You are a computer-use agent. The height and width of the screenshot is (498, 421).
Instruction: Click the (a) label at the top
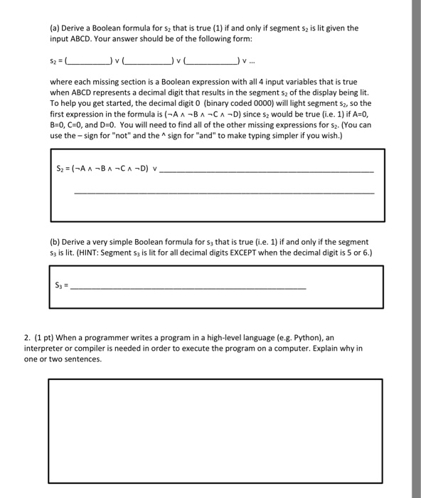click(54, 28)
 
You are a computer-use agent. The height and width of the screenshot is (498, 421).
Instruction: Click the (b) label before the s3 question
click(55, 242)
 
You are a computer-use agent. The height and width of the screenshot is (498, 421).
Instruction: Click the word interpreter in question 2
click(70, 349)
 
